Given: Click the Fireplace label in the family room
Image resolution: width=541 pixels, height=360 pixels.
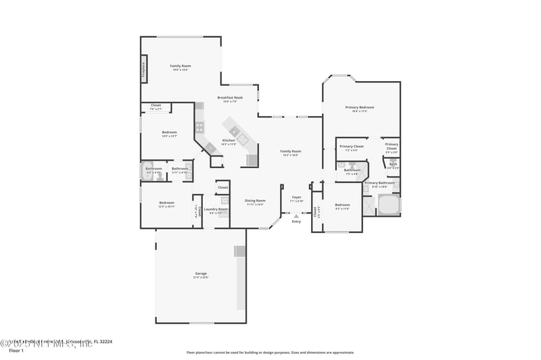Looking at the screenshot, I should point(144,70).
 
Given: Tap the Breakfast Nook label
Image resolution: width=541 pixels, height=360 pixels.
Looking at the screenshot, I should point(230,99).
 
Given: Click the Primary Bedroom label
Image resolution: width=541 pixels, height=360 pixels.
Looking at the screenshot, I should point(360,108).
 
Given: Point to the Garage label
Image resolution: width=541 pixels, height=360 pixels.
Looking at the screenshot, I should point(201,274).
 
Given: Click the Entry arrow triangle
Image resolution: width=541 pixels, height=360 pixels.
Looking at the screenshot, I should point(296,216).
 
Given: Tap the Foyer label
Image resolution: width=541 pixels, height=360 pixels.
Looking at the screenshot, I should point(296,199).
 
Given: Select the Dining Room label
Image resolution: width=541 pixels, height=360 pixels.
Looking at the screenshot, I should point(255,201).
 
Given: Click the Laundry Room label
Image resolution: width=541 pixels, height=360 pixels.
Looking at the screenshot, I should point(216,210).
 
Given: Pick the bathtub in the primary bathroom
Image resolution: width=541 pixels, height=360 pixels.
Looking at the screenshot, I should point(388,205).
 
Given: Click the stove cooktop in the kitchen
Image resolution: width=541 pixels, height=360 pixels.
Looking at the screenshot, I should point(199,126).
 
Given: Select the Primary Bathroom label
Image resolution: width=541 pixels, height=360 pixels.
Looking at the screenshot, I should point(379,184).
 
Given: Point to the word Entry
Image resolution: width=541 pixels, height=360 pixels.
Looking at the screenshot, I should point(296,222).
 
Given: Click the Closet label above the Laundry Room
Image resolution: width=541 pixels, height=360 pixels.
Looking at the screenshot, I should point(222,188).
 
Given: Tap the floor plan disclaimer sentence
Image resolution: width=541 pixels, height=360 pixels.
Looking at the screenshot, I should point(270,352).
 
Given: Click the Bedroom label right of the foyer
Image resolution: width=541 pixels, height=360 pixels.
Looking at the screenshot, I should point(342,205).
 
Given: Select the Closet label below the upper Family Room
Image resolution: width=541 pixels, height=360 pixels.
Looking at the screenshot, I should point(156,106).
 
